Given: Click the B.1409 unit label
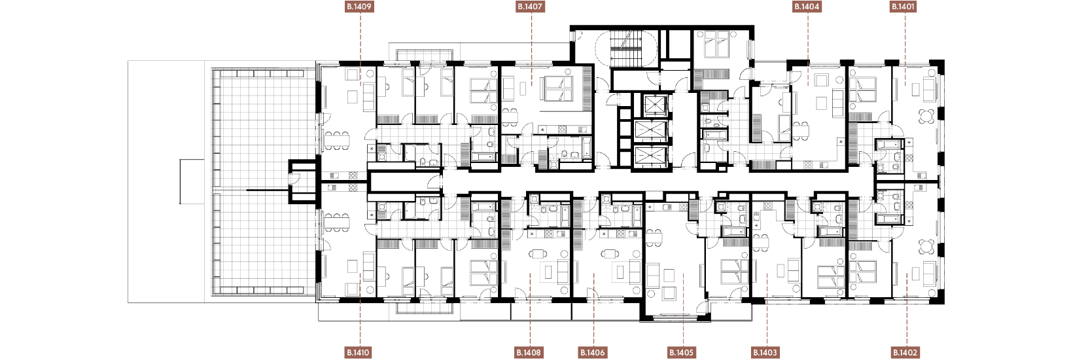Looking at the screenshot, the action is [359, 7].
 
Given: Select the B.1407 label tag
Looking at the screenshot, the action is [531, 7].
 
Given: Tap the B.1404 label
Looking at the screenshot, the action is [807, 7].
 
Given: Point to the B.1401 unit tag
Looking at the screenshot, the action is [904, 7].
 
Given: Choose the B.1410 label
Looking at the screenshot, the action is [359, 353].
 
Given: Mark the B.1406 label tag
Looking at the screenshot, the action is [593, 353].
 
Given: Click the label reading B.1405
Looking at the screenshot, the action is [681, 353].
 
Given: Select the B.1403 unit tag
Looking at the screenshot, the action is [765, 353].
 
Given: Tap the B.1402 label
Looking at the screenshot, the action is [905, 353].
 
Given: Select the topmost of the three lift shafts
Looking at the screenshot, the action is [650, 105].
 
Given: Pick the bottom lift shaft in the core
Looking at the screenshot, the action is [650, 156].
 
